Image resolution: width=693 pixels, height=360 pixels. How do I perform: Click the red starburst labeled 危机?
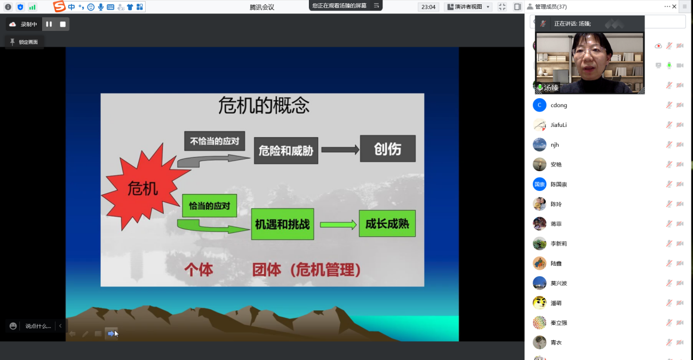pos(143,188)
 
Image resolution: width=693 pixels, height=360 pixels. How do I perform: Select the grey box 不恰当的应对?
pos(214,141)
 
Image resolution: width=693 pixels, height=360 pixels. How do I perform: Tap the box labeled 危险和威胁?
pos(286,150)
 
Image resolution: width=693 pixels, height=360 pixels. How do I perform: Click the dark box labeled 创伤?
pos(388,149)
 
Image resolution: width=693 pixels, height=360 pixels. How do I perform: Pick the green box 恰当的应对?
pos(210,206)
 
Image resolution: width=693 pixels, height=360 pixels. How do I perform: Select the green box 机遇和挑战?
pos(282,224)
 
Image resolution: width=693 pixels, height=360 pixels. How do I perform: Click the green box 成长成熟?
pos(387,223)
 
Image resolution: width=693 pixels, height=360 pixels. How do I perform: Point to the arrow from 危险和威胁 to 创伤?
pos(340,150)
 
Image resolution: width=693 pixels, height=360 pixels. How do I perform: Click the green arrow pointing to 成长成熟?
pos(338,225)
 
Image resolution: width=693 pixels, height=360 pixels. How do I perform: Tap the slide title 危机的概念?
pos(264,106)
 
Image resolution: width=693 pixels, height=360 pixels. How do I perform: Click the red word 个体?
pos(198,270)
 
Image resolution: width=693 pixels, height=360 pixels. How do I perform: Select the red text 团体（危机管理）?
pos(306,270)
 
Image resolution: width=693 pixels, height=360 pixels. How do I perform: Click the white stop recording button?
pos(63,24)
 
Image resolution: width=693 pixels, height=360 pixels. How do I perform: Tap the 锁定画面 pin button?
pos(24,42)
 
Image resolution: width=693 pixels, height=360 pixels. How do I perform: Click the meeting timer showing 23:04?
pos(428,7)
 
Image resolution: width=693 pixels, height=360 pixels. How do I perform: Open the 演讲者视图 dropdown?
pos(468,7)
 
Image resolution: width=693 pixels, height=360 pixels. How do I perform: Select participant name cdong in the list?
pos(559,105)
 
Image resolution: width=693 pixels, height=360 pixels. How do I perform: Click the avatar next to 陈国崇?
pos(539,185)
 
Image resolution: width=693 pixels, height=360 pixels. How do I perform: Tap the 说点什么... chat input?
pos(38,326)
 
